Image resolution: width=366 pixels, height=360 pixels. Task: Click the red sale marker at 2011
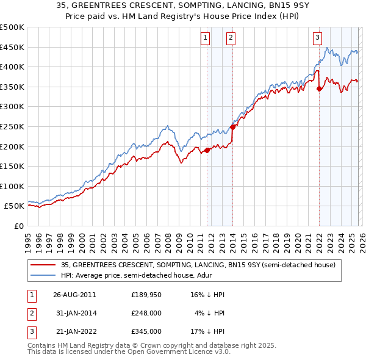207,150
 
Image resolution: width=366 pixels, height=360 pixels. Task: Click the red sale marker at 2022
319,88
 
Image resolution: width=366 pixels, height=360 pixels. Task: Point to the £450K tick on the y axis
12,47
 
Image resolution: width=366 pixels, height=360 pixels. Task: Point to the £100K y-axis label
12,187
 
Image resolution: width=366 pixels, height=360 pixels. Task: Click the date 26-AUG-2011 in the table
74,295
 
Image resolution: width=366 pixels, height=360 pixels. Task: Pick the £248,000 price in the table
146,313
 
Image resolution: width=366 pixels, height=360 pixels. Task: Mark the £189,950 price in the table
146,295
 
